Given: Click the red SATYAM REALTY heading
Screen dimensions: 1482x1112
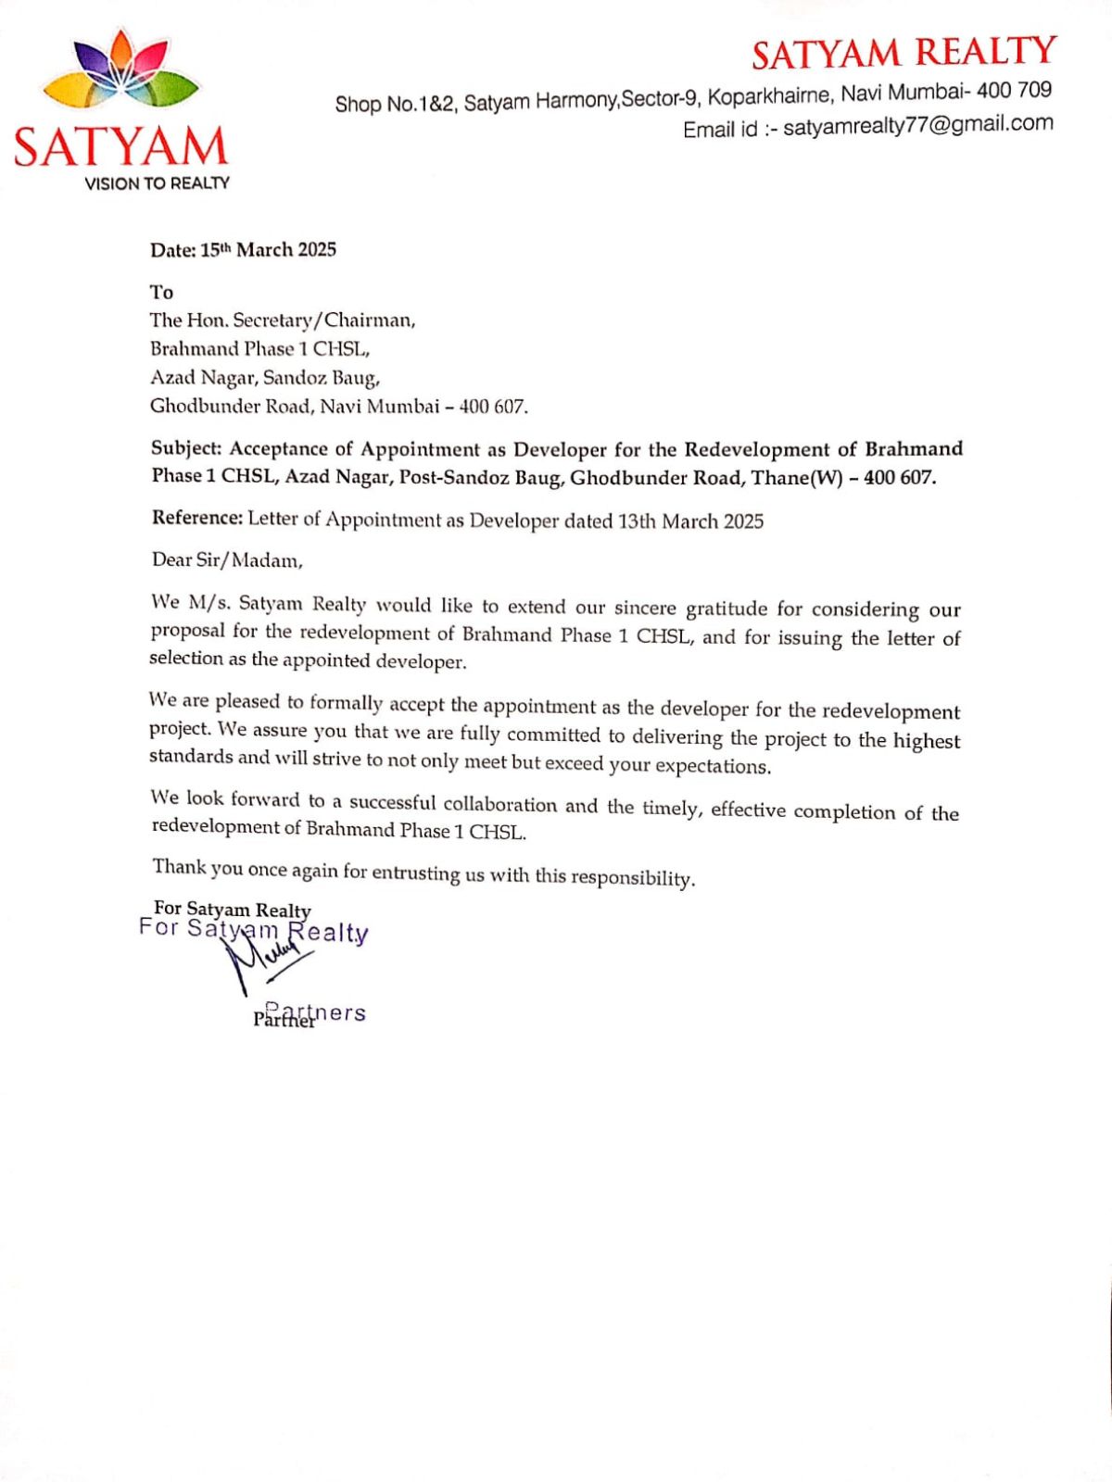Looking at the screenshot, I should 903,53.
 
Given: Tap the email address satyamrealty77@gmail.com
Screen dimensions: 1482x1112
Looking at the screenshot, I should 917,125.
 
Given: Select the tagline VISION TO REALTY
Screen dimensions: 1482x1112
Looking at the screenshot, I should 157,183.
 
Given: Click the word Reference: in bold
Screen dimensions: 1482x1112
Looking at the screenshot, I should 196,518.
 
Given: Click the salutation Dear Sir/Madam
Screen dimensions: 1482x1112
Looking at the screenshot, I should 227,560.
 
